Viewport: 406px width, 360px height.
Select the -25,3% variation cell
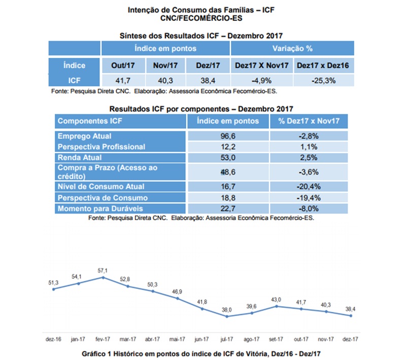coord(323,80)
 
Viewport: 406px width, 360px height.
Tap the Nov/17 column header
coord(162,65)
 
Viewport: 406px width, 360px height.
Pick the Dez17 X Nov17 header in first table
coord(261,65)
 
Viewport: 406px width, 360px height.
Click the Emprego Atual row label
coord(85,136)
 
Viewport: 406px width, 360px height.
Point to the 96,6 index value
coord(228,136)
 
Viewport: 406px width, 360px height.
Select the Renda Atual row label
coord(80,157)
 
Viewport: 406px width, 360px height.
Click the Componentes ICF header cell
coord(90,121)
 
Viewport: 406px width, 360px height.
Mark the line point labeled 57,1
coord(104,277)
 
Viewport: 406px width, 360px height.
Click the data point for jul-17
coord(227,316)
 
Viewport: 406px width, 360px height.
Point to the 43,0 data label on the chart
coord(277,300)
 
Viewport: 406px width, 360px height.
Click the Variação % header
coord(292,49)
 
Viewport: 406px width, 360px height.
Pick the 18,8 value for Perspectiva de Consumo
coord(228,197)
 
